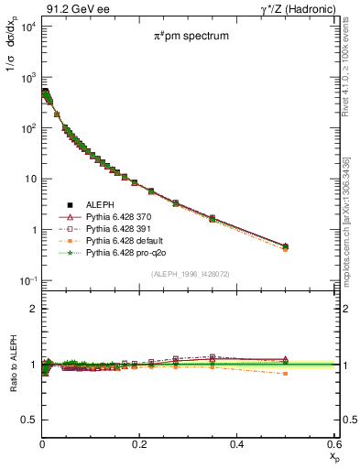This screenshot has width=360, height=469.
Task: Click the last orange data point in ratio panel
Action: pyautogui.click(x=285, y=374)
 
